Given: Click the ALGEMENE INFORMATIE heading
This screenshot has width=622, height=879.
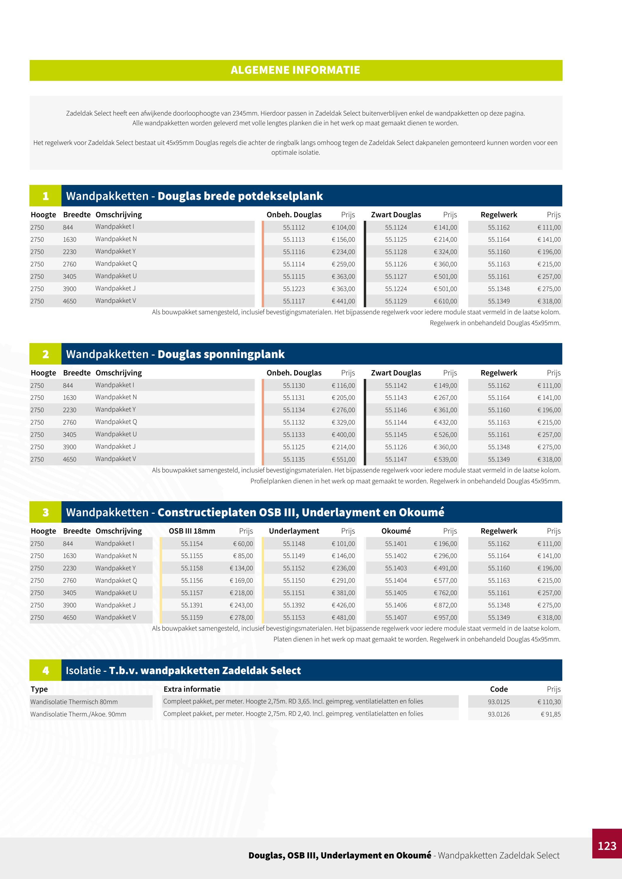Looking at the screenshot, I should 295,70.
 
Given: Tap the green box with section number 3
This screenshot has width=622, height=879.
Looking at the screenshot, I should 46,512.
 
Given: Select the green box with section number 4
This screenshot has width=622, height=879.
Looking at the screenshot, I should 46,670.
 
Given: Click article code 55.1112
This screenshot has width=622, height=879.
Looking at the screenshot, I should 294,228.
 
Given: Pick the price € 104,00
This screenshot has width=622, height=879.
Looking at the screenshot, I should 343,228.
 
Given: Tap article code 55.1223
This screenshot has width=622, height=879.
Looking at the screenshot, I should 294,289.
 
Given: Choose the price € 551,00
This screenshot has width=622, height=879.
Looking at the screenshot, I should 343,459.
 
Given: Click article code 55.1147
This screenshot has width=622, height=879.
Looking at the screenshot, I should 396,459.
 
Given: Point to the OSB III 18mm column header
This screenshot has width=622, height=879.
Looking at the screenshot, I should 192,531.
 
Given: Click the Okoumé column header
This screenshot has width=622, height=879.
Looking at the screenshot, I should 396,531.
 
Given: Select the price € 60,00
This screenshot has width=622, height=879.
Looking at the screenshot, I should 243,544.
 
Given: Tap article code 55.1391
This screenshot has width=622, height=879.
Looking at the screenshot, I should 192,605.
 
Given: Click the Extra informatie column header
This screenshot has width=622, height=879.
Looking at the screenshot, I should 192,689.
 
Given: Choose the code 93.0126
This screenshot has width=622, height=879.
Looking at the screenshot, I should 499,714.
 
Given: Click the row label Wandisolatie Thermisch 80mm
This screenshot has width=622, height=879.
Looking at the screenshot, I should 74,702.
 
